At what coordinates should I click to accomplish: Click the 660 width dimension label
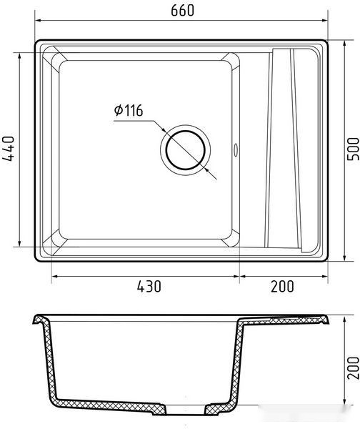click(x=182, y=11)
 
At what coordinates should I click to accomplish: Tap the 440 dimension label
click(x=8, y=149)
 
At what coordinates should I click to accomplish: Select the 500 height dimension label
click(x=353, y=149)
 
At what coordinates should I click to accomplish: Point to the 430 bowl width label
click(x=149, y=286)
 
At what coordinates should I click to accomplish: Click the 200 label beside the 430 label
click(x=282, y=286)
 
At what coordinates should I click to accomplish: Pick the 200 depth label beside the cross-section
click(x=353, y=368)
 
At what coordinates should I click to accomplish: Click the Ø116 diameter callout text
click(x=129, y=110)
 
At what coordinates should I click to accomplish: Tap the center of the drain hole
click(x=185, y=150)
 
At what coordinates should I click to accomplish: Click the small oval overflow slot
click(x=236, y=150)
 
